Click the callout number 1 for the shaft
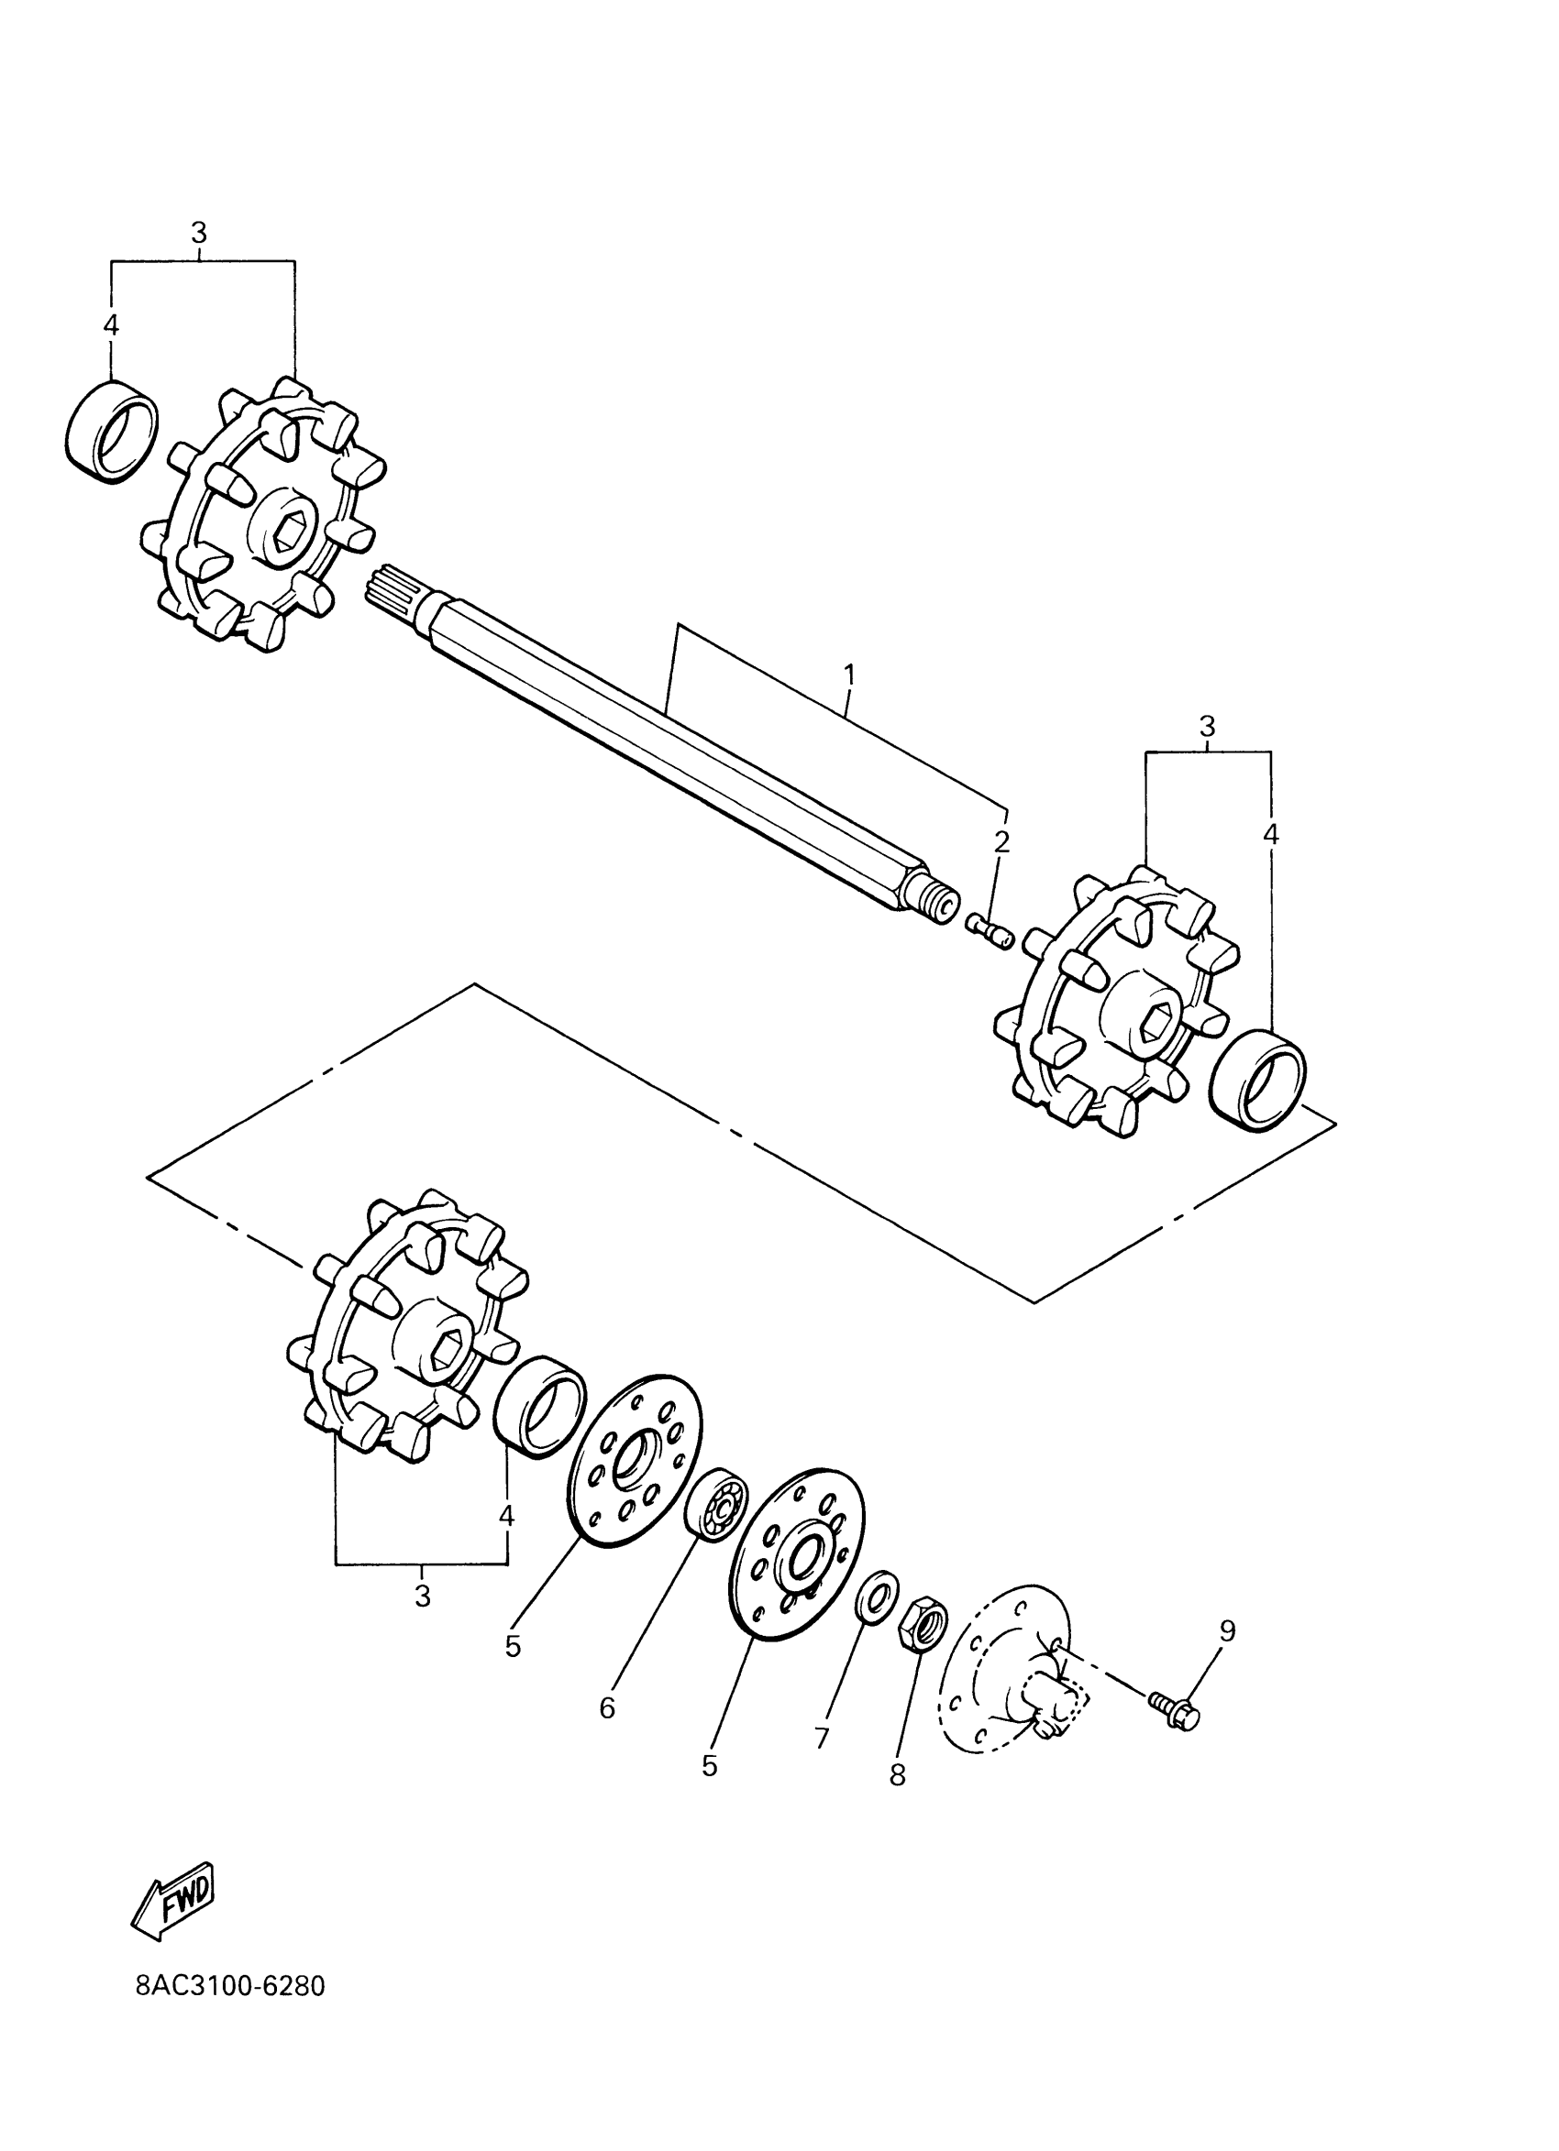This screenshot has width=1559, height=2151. pos(849,675)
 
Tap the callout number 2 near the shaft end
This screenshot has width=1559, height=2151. pos(1001,841)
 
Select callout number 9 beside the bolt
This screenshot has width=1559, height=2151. pos(1227,1630)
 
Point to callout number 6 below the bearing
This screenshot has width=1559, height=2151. pos(607,1708)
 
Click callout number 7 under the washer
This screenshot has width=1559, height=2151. pos(822,1738)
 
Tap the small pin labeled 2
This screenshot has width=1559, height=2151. pos(990,928)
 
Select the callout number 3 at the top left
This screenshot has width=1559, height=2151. pos(198,233)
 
